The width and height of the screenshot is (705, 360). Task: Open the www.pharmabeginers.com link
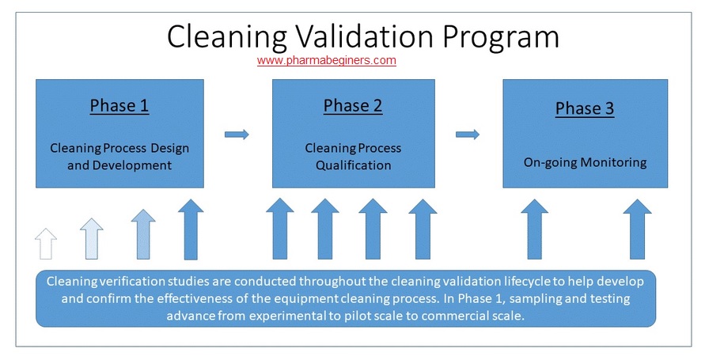coord(326,60)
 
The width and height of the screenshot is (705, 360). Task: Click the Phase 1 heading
coord(119,105)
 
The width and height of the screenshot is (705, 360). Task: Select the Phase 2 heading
coord(353,105)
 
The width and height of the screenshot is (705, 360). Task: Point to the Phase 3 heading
coord(585,108)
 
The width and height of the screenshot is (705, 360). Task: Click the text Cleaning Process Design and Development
coord(119,157)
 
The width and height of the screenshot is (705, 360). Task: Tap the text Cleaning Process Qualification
coord(353,157)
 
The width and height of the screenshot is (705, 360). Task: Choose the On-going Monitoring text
coord(585,163)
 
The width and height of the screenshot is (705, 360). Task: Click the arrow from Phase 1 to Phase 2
coord(237,135)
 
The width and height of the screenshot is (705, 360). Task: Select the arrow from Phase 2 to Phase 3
coord(468,135)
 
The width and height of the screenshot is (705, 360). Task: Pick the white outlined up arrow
coord(47,243)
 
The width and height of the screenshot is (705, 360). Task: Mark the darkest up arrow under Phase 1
coord(191,230)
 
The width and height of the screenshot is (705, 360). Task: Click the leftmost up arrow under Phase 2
coord(279,230)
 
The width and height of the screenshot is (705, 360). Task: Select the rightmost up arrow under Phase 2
coord(422,230)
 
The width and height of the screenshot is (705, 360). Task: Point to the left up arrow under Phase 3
coord(535,230)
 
